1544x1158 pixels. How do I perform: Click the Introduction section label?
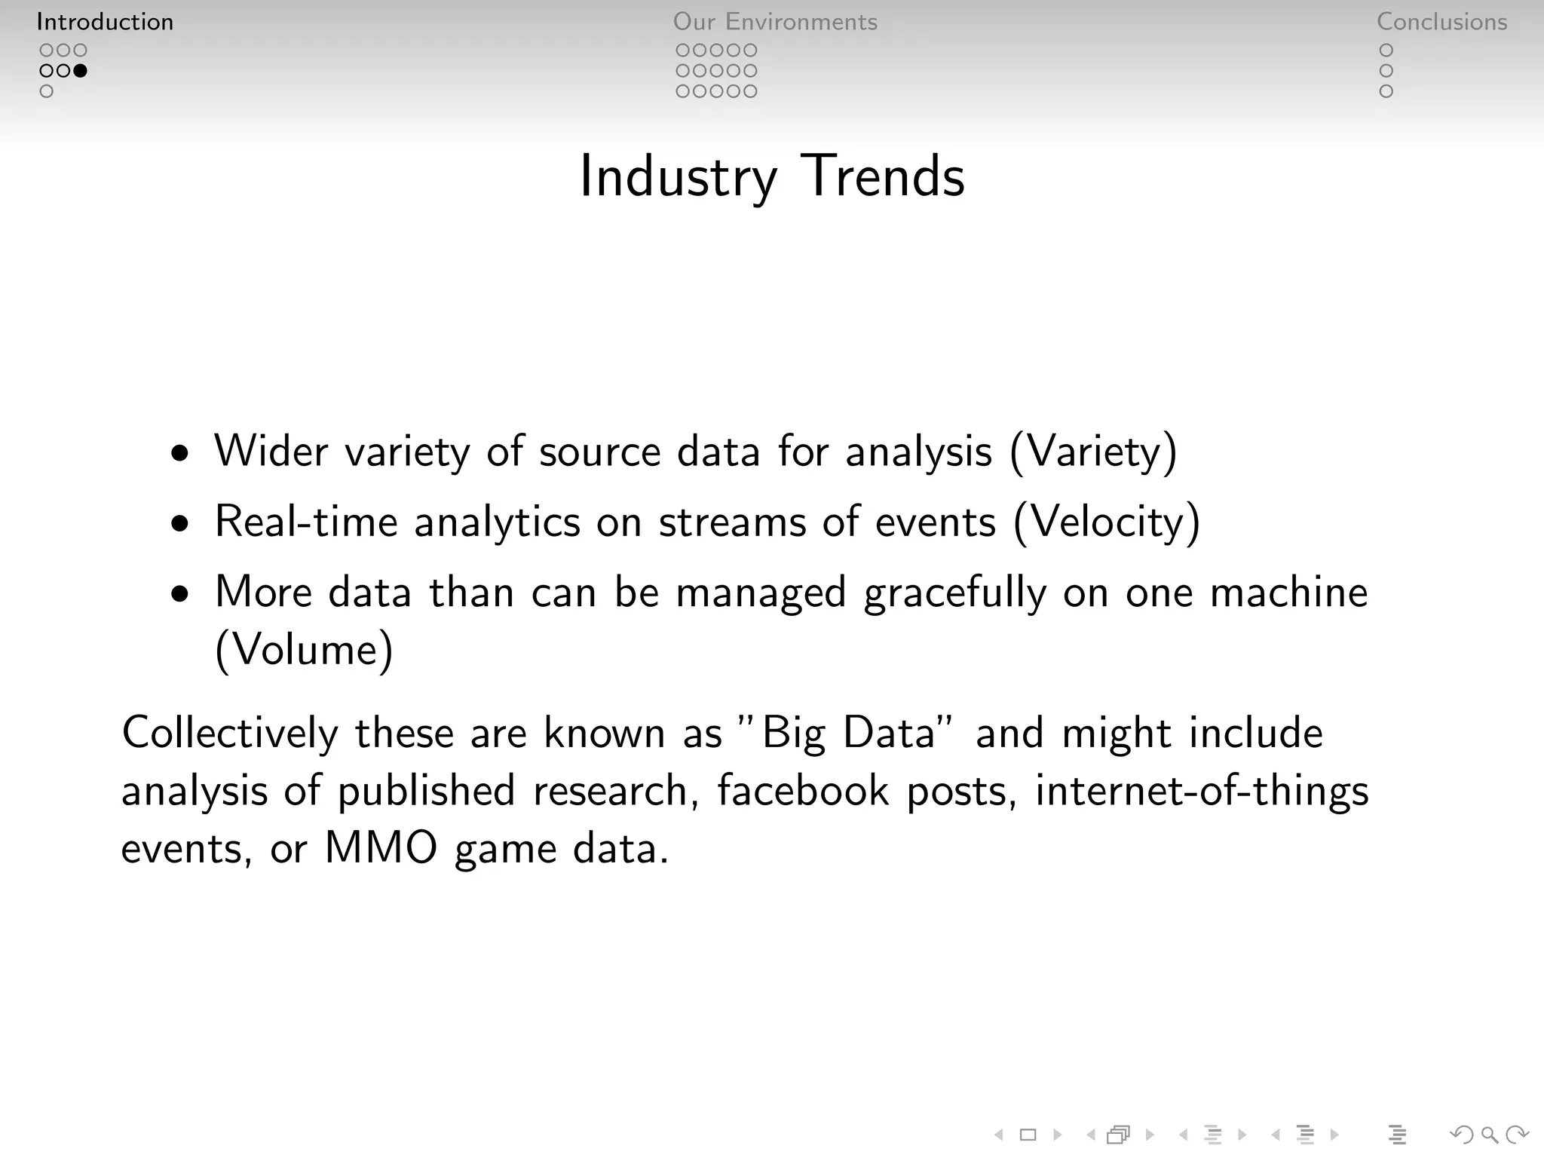pyautogui.click(x=105, y=22)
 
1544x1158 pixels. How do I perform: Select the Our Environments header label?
pyautogui.click(x=775, y=22)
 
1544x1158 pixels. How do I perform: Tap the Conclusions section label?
pyautogui.click(x=1441, y=22)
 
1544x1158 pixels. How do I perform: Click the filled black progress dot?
pyautogui.click(x=81, y=71)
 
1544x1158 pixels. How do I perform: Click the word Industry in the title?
pyautogui.click(x=677, y=177)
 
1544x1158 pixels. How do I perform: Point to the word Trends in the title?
pyautogui.click(x=882, y=177)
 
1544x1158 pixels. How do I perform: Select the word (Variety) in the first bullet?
pyautogui.click(x=1093, y=452)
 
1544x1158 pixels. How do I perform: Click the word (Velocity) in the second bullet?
pyautogui.click(x=1107, y=522)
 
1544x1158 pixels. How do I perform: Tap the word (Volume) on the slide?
pyautogui.click(x=304, y=650)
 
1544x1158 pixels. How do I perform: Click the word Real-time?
pyautogui.click(x=306, y=522)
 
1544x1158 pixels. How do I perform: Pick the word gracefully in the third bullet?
pyautogui.click(x=954, y=593)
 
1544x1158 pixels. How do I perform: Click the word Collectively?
pyautogui.click(x=230, y=734)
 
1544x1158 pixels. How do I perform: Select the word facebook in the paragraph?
pyautogui.click(x=802, y=792)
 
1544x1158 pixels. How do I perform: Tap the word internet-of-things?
pyautogui.click(x=1201, y=792)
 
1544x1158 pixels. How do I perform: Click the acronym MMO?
pyautogui.click(x=381, y=849)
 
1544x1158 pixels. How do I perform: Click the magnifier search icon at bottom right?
pyautogui.click(x=1489, y=1135)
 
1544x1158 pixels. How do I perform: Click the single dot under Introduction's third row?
pyautogui.click(x=47, y=91)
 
